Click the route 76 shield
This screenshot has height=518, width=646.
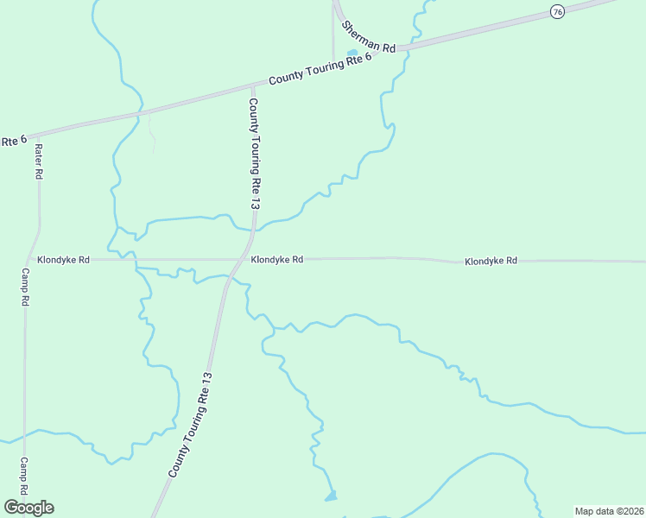(558, 11)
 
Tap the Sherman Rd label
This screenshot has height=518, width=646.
(367, 35)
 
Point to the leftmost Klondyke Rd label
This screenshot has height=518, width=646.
(62, 259)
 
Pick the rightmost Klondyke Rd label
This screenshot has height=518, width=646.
(491, 260)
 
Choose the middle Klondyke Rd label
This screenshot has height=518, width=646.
(276, 259)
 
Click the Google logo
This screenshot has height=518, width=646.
(28, 508)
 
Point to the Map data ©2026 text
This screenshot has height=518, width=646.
(608, 511)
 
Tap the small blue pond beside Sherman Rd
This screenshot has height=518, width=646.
(352, 54)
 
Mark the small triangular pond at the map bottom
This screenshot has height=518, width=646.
(331, 496)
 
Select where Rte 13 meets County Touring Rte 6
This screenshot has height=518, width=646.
(252, 85)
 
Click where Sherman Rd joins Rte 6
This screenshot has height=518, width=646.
(399, 49)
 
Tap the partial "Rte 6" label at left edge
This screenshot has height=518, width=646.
(13, 139)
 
